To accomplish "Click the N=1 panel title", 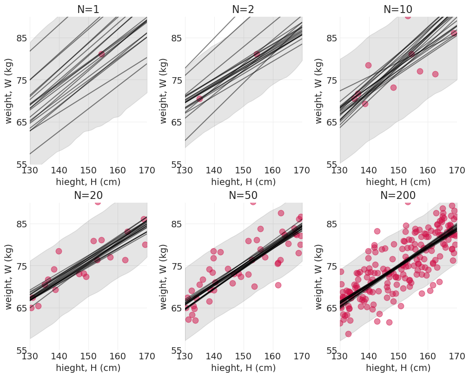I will (88, 9).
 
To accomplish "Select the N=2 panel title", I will (243, 9).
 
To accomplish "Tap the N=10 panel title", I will (398, 9).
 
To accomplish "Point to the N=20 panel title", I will (88, 196).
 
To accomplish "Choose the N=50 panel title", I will (243, 196).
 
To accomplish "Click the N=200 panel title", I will (398, 196).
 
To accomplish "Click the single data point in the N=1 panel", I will (101, 54).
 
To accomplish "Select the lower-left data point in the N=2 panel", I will (199, 99).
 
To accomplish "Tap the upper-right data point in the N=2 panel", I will (257, 54).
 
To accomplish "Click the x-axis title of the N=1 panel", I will (88, 182).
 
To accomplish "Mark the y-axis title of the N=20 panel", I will (9, 277).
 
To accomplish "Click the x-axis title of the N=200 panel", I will (398, 368).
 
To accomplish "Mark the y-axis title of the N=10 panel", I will (319, 91).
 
